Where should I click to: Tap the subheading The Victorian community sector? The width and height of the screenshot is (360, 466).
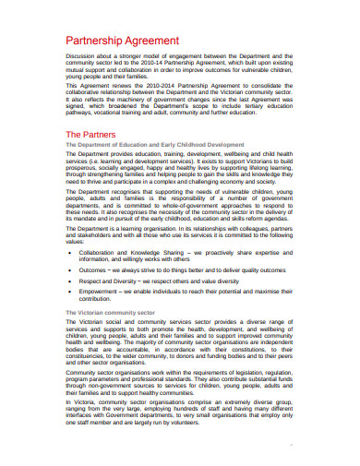click(111, 313)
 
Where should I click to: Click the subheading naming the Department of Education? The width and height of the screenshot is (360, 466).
click(154, 146)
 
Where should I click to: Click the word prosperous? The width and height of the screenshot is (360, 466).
click(83, 170)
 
